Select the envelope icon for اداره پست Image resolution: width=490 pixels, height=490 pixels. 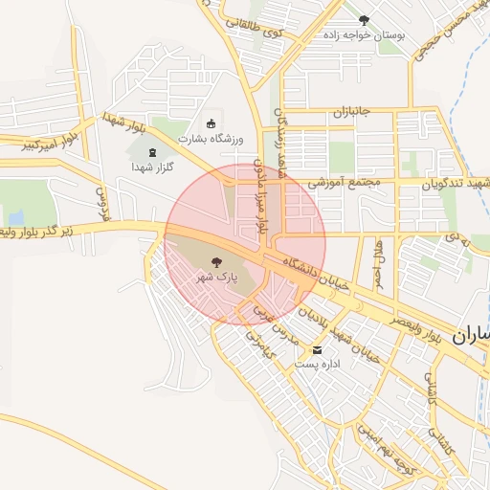tap(317, 349)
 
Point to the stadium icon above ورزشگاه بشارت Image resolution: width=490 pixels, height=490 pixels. tap(212, 123)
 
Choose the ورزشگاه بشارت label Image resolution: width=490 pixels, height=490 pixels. tap(211, 139)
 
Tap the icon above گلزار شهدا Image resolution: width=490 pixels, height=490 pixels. tap(151, 150)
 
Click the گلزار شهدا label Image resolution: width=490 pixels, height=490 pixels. tap(151, 166)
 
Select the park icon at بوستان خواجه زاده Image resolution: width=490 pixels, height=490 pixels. tap(363, 19)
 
